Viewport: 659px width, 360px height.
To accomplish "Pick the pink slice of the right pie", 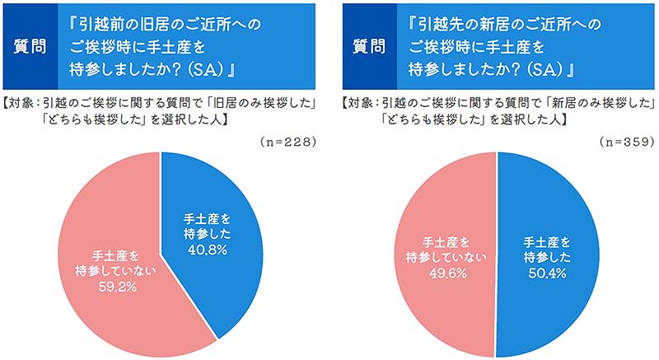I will (437, 206).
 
